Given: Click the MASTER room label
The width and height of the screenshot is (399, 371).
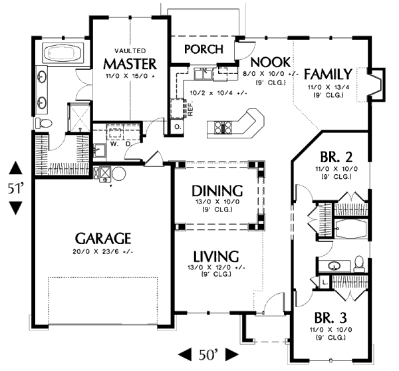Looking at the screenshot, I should click(130, 64).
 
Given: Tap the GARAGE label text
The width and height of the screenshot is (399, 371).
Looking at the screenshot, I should click(102, 238).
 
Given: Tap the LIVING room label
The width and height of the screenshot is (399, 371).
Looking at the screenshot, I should click(216, 255).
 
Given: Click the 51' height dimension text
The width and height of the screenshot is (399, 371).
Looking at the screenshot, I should click(15, 188).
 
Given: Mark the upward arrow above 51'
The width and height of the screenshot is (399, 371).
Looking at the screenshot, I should click(15, 167).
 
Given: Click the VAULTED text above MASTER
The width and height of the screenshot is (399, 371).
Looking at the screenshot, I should click(130, 51).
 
